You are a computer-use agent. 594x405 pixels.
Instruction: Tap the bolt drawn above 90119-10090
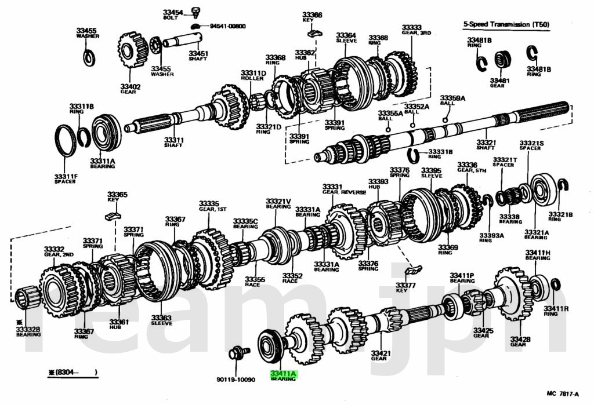tap(238, 352)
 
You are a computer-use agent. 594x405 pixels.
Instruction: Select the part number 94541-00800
tap(228, 26)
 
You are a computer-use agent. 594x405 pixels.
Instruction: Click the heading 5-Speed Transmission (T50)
tap(506, 24)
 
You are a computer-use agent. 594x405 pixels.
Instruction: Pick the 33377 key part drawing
tap(413, 270)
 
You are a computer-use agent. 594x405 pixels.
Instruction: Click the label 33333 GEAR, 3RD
tap(412, 30)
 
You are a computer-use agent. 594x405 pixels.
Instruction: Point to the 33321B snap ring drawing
tap(562, 185)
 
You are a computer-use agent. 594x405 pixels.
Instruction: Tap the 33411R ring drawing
tap(555, 284)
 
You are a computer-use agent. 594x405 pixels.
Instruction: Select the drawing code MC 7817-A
tap(562, 394)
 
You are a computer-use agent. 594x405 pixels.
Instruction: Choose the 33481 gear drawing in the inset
tap(502, 60)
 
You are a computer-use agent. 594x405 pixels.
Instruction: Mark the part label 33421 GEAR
tap(379, 355)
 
